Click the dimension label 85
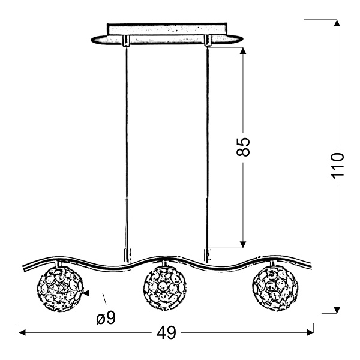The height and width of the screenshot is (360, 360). click(243, 147)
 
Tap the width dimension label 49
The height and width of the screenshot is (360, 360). click(166, 332)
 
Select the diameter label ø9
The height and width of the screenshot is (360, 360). click(106, 318)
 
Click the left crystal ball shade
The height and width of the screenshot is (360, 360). click(59, 289)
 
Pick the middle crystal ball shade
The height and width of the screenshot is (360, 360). click(164, 289)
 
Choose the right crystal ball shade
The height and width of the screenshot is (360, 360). click(275, 289)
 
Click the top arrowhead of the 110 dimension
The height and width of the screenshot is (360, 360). click(337, 23)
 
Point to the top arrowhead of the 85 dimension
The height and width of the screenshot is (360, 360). click(243, 50)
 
